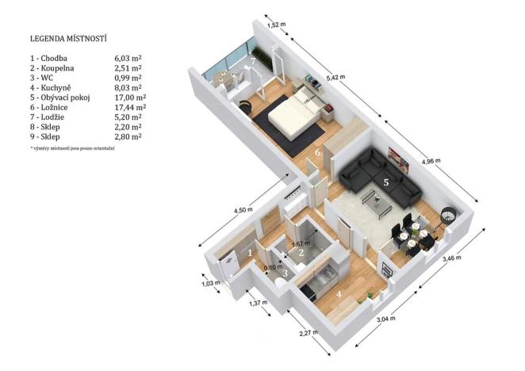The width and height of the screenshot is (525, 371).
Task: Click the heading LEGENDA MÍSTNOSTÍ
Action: click(x=68, y=38)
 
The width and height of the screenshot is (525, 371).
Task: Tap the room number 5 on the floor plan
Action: click(x=386, y=182)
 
